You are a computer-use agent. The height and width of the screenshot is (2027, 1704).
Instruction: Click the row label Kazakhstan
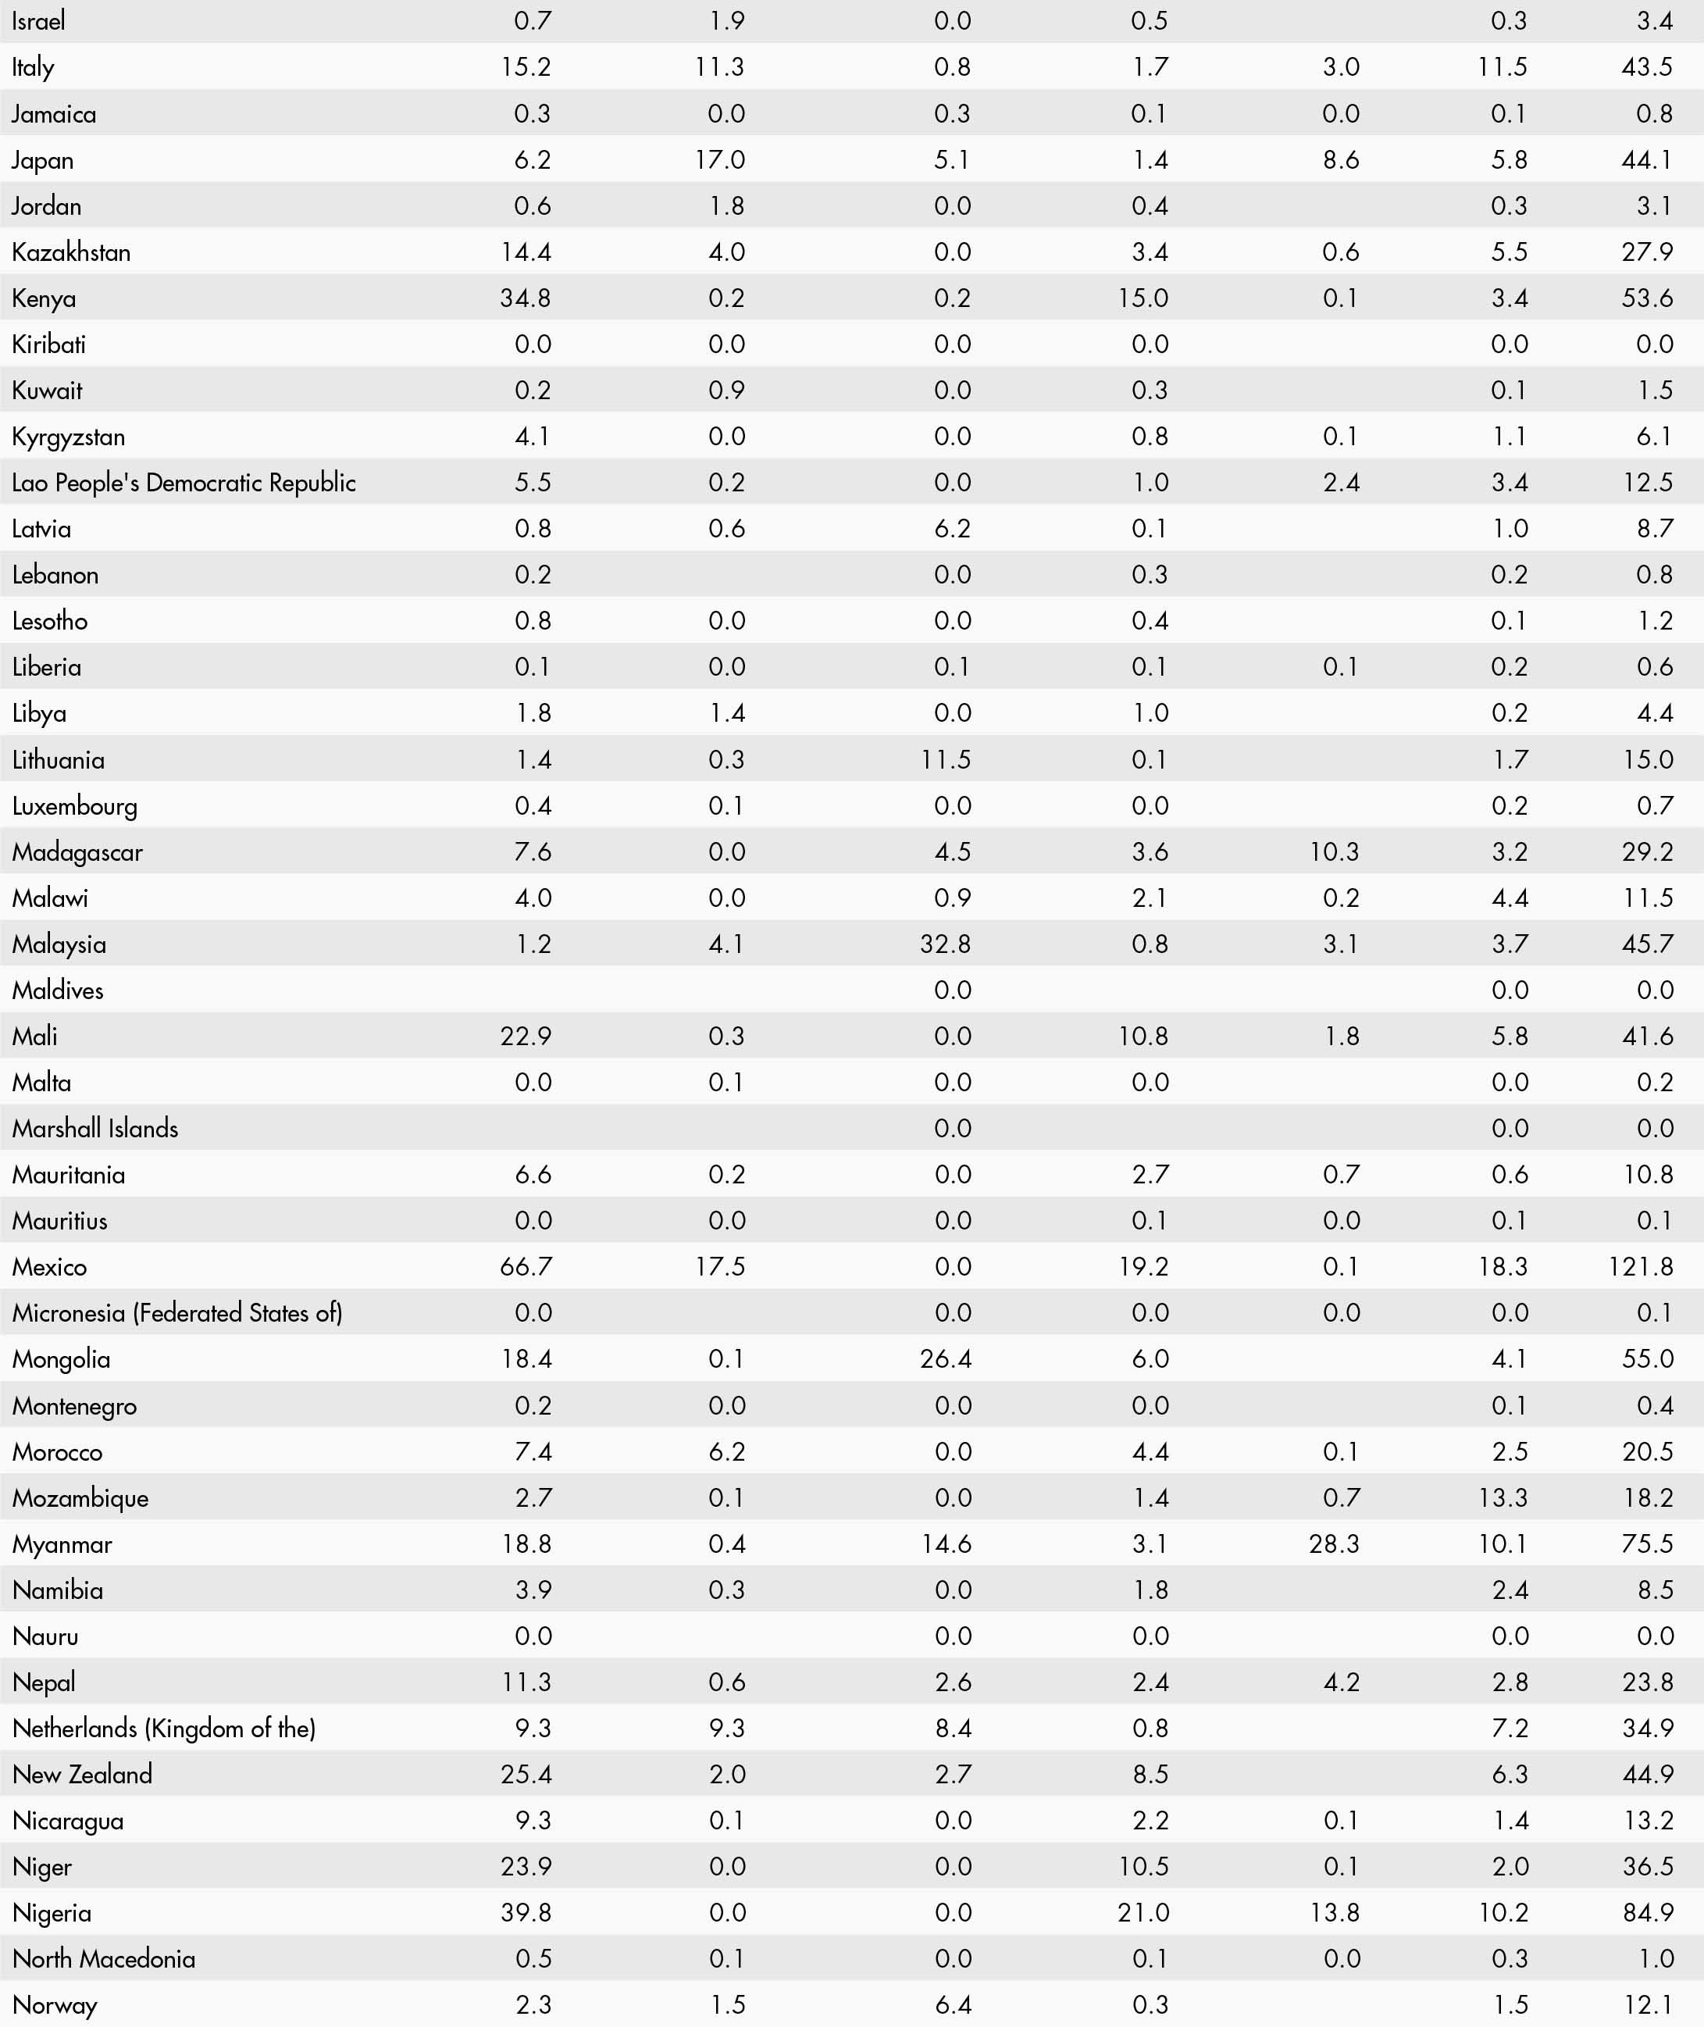coord(72,252)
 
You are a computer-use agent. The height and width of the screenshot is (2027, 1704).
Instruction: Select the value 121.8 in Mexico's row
coord(1640,1267)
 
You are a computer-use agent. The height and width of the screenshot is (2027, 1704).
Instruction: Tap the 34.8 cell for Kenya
coord(526,298)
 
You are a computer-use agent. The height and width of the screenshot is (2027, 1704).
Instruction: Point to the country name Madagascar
coord(77,852)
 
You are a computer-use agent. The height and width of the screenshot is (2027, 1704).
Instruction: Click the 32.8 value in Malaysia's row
coord(945,944)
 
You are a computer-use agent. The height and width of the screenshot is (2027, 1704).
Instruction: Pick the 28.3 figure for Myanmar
coord(1334,1544)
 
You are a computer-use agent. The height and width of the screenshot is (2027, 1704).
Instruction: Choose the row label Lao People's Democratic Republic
coord(184,483)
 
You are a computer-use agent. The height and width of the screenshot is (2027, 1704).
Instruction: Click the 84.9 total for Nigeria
coord(1648,1912)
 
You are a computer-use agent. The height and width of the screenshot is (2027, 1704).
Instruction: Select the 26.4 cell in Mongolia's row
coord(946,1359)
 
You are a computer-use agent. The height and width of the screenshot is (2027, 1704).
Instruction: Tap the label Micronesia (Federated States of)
coord(176,1313)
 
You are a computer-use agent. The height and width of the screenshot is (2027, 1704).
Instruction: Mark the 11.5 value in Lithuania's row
coord(946,759)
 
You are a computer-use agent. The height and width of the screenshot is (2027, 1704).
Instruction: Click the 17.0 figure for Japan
coord(720,160)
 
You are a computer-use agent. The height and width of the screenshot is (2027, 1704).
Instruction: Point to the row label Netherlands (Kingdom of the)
coord(164,1729)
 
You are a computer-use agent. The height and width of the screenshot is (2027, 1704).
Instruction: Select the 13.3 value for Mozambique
coord(1503,1497)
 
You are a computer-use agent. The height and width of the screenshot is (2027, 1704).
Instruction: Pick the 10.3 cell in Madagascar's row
coord(1334,852)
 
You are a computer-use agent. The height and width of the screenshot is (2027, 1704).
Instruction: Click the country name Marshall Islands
coord(95,1129)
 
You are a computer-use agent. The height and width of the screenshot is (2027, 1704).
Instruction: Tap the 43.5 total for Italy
coord(1647,68)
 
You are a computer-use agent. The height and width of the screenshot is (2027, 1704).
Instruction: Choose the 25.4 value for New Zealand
coord(526,1774)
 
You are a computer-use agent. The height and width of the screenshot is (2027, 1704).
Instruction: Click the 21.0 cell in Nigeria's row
coord(1144,1912)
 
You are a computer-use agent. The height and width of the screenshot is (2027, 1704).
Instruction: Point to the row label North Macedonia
coord(103,1958)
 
